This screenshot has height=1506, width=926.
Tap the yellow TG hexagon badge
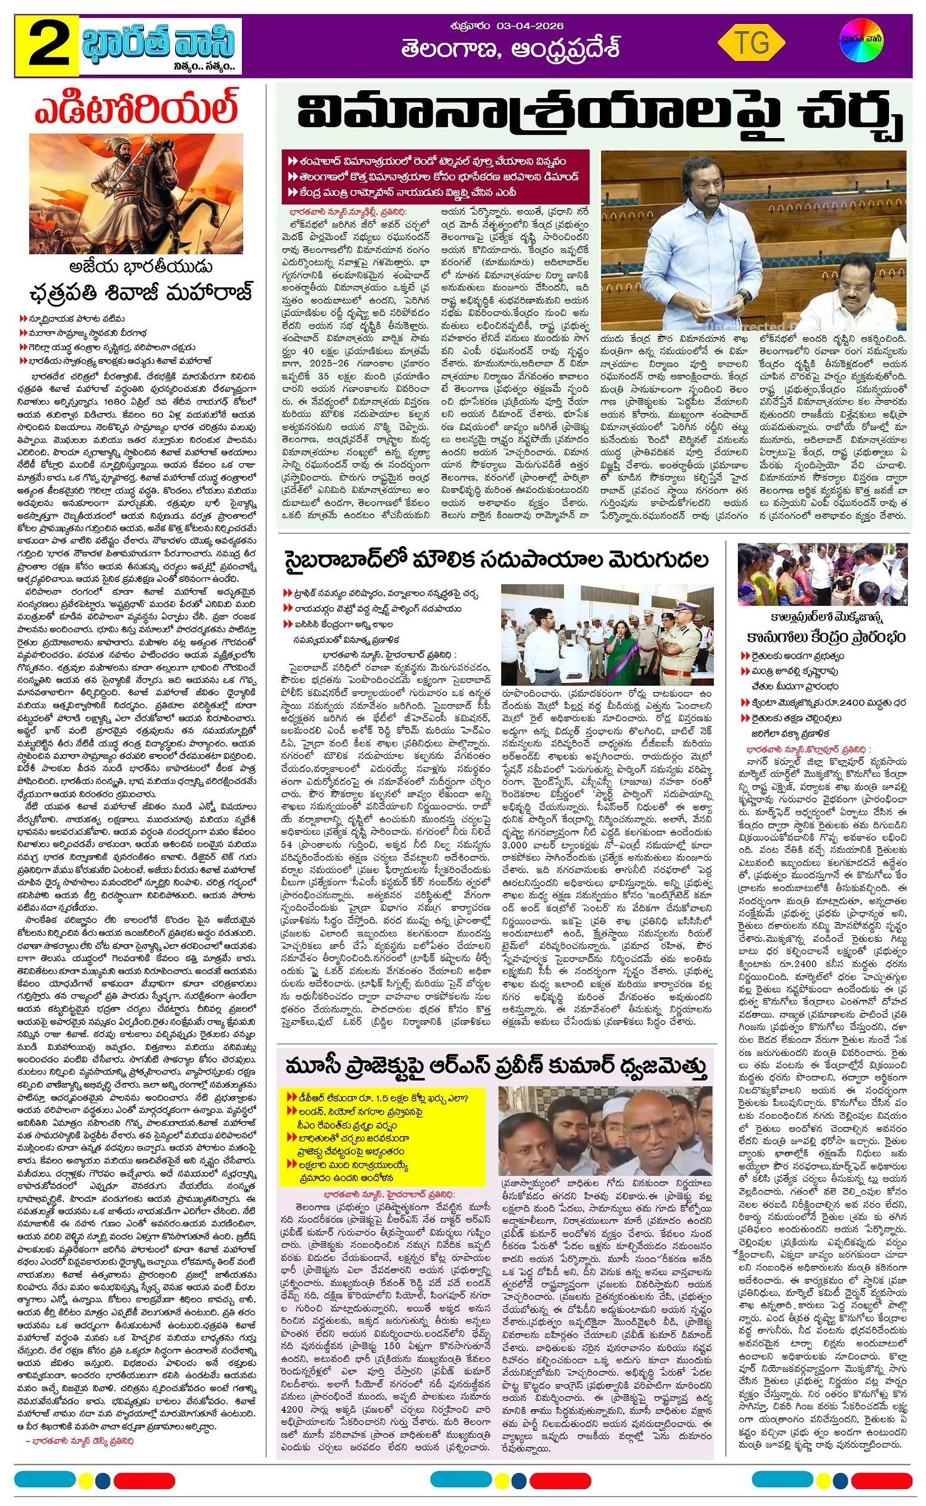coord(751,43)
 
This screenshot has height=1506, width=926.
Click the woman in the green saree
coord(620,649)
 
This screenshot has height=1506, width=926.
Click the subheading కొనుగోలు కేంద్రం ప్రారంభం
coord(826,637)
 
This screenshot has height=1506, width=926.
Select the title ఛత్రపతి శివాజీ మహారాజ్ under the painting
coord(141,293)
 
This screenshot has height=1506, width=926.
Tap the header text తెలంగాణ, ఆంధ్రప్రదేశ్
coord(510,49)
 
